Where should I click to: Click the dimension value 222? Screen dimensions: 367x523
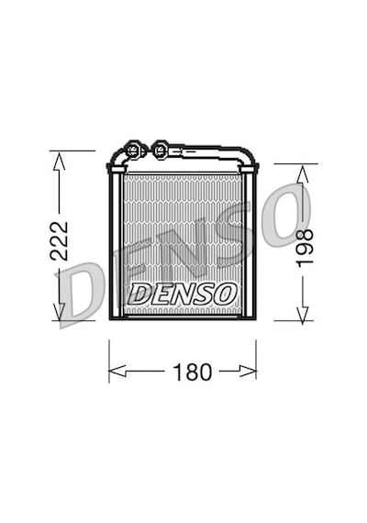[59, 240]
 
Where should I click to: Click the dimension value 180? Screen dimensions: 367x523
[193, 373]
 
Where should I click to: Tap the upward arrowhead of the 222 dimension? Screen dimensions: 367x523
[60, 161]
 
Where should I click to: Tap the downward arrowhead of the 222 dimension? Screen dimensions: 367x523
[60, 312]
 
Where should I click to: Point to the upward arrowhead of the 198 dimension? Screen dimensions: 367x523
[302, 174]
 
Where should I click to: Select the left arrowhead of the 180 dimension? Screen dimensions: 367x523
[117, 371]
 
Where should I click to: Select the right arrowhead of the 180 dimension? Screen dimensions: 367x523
[248, 371]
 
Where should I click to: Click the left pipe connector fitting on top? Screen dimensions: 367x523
[133, 150]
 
